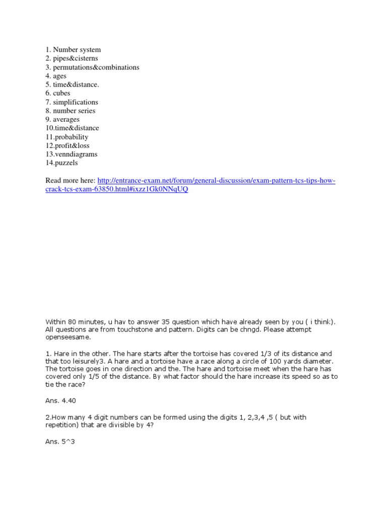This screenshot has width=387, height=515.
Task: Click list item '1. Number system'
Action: (x=73, y=50)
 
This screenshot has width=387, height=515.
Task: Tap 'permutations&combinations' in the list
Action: (x=92, y=67)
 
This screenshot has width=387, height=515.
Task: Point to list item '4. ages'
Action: (x=56, y=76)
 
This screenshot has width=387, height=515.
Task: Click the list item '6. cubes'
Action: (x=58, y=94)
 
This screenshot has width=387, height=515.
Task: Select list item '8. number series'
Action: (x=70, y=111)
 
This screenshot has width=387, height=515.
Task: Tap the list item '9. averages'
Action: (x=62, y=120)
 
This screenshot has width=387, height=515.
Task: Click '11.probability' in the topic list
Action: (x=67, y=137)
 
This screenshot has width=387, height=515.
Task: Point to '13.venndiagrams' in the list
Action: (x=72, y=154)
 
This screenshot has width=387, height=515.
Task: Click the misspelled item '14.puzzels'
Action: (x=62, y=163)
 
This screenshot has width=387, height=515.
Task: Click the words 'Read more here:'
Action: (x=70, y=181)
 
